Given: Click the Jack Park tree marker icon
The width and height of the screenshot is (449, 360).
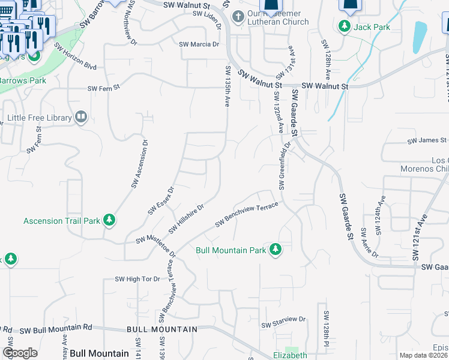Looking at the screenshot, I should [x=345, y=27].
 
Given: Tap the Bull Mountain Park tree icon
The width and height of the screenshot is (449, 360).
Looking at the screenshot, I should [x=276, y=249].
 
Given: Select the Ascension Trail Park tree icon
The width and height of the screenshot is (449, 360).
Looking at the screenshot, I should [x=109, y=220].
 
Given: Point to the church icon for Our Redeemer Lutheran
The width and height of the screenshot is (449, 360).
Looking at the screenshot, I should [x=239, y=16].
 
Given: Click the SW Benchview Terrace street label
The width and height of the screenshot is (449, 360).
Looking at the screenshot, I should [x=247, y=214].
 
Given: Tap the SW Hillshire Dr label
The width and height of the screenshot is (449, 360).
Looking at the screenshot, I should [x=187, y=218].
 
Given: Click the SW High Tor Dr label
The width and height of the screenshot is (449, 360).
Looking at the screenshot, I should [x=137, y=279].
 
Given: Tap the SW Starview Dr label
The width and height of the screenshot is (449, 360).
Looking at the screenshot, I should [x=283, y=325].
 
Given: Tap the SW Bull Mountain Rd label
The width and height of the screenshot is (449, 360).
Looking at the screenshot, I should [x=56, y=329].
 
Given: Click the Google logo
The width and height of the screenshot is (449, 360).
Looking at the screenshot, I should [x=20, y=353].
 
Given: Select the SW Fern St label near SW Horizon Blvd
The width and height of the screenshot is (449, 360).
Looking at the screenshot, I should [x=104, y=88].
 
